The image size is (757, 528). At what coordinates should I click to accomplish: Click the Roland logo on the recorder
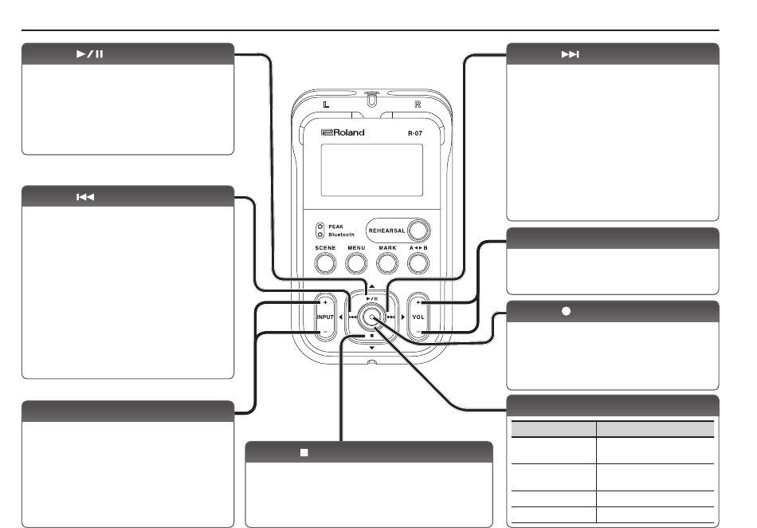click(x=343, y=133)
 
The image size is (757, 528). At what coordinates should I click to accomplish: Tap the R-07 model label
click(x=415, y=133)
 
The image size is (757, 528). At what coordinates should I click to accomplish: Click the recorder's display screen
click(x=372, y=170)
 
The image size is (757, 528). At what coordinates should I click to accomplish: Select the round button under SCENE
click(x=325, y=263)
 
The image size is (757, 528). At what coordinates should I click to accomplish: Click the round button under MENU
click(x=356, y=263)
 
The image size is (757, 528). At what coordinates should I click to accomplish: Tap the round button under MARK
click(x=387, y=263)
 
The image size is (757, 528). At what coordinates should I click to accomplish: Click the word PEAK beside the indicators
click(x=336, y=227)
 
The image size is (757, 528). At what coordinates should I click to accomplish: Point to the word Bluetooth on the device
click(x=341, y=234)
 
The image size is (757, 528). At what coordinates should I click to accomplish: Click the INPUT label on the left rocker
click(x=325, y=317)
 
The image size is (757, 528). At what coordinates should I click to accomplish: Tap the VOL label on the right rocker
click(x=418, y=317)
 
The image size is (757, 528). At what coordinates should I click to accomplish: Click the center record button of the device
click(x=372, y=317)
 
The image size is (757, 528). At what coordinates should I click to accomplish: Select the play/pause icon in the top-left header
click(x=90, y=54)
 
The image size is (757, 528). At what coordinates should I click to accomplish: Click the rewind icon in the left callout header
click(x=85, y=197)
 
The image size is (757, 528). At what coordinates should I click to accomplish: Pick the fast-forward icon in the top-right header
click(x=571, y=54)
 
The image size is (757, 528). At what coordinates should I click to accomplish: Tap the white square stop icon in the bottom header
click(x=304, y=453)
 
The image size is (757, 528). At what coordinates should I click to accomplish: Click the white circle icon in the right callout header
click(x=567, y=312)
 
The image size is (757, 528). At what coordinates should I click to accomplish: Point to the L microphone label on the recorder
click(x=327, y=104)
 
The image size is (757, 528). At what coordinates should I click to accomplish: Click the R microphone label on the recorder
click(x=418, y=104)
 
